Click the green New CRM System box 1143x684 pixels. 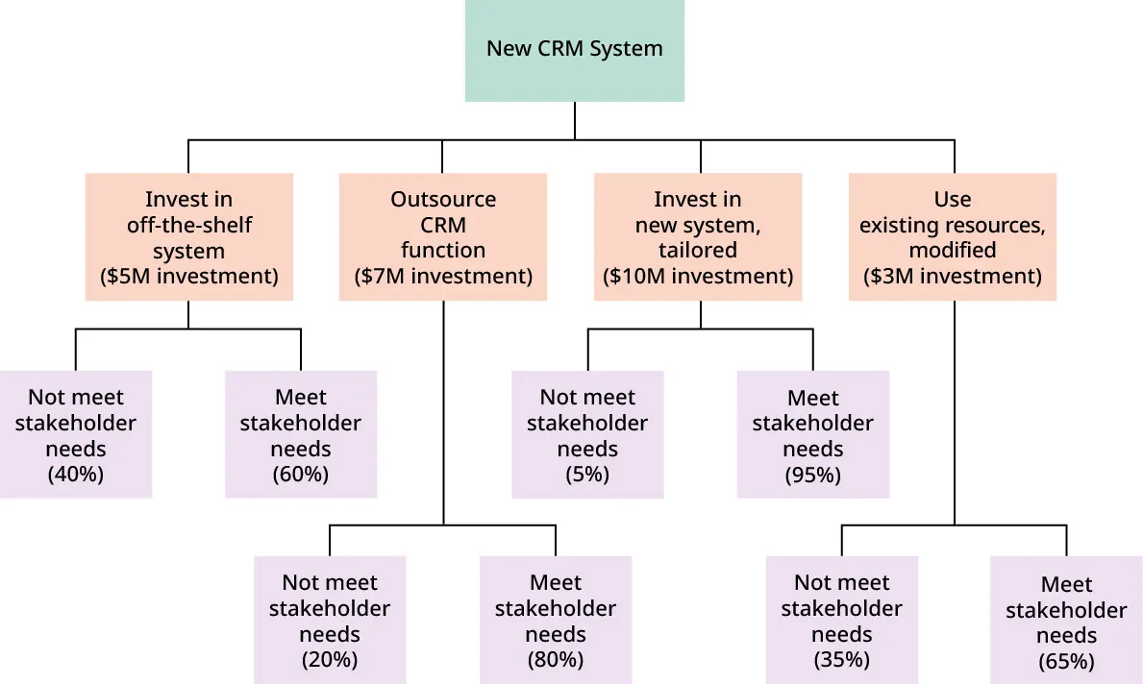(x=574, y=50)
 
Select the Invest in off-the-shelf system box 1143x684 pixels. (x=188, y=236)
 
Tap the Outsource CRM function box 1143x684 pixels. (x=443, y=236)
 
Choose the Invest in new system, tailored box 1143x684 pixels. (x=698, y=236)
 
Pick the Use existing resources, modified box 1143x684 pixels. (x=952, y=236)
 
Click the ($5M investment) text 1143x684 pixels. (x=188, y=277)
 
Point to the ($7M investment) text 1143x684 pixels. (x=443, y=277)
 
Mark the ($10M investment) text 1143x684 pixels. (x=698, y=277)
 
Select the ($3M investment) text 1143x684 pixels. (x=952, y=277)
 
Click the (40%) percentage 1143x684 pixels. (x=75, y=475)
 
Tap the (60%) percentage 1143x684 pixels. (x=301, y=475)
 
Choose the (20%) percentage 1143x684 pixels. (x=329, y=660)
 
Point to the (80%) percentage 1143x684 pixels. (x=556, y=660)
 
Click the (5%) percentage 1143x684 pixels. (x=586, y=475)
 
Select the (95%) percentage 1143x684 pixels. (x=813, y=475)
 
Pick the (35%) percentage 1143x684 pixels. (x=841, y=660)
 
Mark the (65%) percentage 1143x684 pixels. (x=1066, y=662)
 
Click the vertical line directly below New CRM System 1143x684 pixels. (x=575, y=121)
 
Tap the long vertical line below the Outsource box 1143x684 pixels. (x=443, y=413)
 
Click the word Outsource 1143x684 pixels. (x=443, y=200)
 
